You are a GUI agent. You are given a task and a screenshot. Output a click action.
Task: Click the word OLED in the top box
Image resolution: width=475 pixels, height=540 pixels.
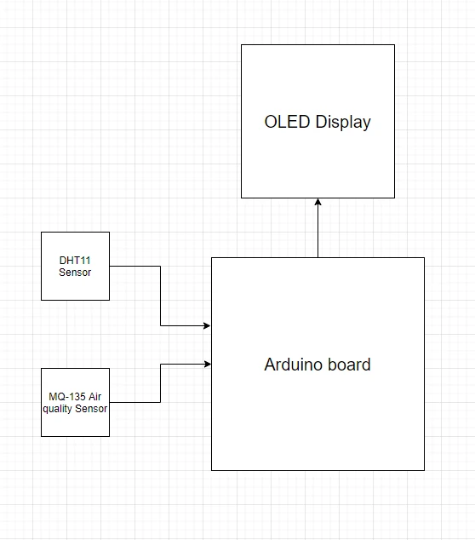[287, 122]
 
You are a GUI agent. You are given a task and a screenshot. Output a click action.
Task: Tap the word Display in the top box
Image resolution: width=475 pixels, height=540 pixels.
[343, 123]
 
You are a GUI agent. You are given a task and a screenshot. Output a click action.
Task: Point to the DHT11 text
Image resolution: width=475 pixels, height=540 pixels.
[75, 261]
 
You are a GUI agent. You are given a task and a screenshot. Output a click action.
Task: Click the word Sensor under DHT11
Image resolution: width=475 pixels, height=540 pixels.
[75, 272]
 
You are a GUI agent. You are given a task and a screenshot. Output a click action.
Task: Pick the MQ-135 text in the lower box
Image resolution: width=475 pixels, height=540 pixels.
[67, 397]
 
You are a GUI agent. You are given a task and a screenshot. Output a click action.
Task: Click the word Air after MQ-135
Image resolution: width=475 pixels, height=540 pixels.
[94, 397]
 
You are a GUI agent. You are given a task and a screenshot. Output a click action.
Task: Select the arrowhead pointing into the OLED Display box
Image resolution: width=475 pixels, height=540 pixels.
[318, 202]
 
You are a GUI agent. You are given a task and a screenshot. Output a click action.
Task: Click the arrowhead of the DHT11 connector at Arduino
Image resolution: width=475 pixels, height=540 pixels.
[207, 325]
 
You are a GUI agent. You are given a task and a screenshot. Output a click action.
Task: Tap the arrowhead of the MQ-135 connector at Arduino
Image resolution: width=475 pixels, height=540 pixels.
[207, 364]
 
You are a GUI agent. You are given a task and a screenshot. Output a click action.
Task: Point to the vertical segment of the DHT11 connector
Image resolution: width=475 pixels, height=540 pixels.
[160, 296]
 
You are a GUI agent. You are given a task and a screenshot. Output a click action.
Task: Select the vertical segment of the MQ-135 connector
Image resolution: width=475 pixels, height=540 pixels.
[160, 383]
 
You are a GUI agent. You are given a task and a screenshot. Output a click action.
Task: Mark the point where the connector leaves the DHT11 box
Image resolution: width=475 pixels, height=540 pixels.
[110, 266]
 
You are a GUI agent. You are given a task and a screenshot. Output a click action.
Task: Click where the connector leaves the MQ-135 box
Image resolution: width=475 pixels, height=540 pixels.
[110, 402]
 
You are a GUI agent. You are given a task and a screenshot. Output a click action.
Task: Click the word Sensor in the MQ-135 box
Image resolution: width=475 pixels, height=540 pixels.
[91, 409]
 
